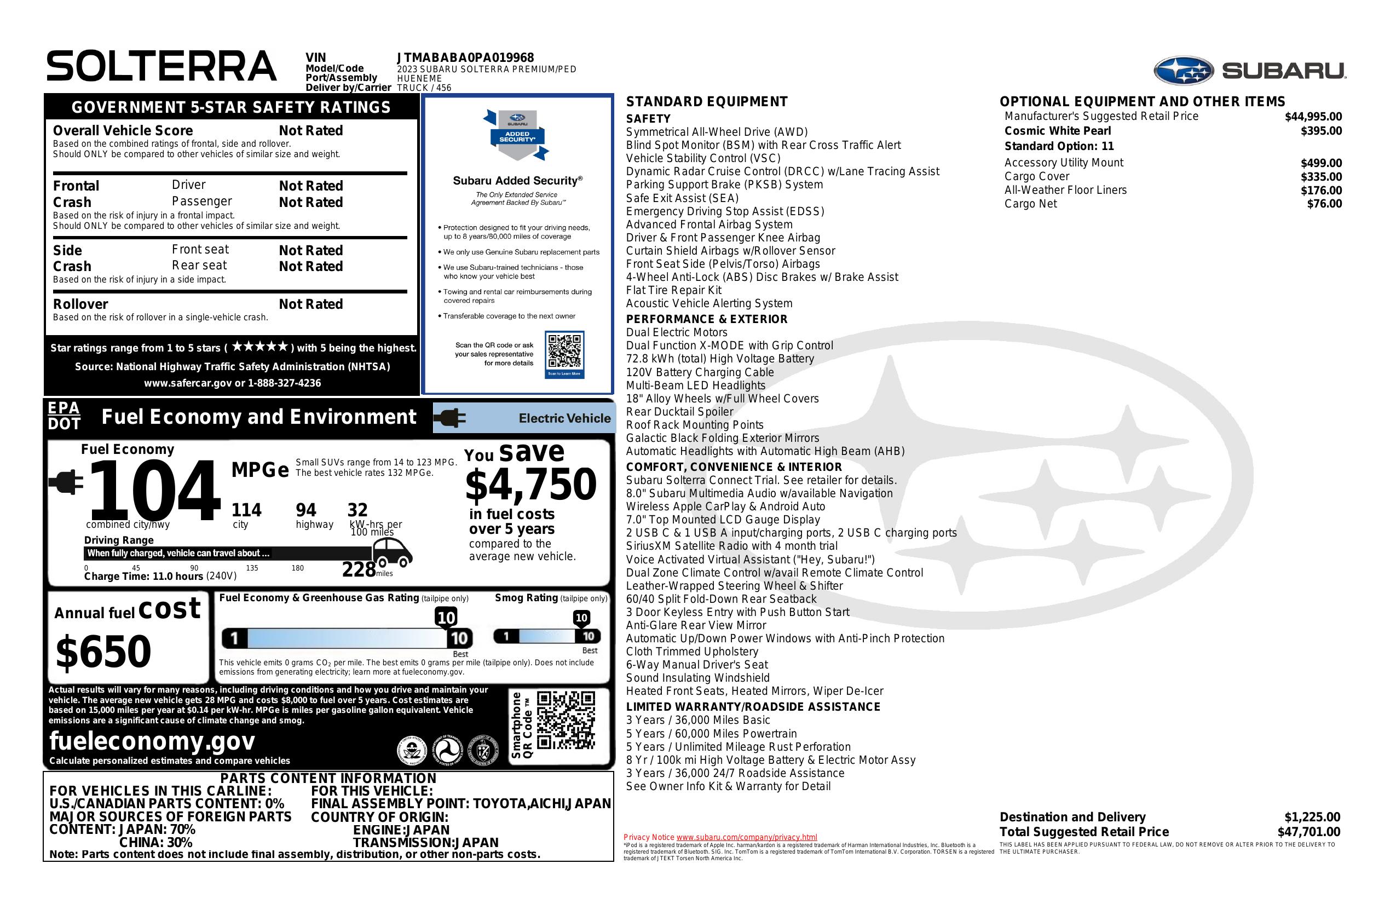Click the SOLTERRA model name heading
161,66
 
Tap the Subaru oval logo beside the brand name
1183,71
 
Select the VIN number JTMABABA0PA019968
465,57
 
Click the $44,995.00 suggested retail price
1313,117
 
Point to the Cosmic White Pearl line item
1058,131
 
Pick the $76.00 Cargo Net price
1324,204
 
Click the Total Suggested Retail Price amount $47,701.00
1308,831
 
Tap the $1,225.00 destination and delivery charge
1312,816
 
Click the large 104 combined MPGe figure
154,491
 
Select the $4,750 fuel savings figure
531,485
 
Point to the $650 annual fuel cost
103,651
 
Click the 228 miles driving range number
359,569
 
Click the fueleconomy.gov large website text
152,740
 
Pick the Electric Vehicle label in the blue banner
564,418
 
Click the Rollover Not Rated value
311,304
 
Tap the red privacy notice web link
746,837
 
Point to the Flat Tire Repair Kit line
673,290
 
